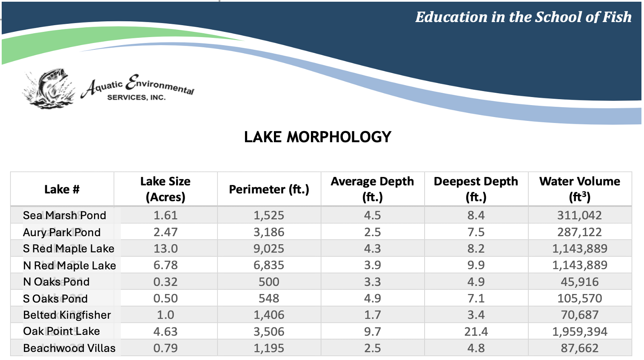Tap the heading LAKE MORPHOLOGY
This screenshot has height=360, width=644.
tap(317, 137)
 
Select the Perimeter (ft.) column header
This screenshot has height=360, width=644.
tap(269, 189)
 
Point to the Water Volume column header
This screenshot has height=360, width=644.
tap(579, 189)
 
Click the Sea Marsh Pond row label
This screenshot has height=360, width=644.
tap(64, 215)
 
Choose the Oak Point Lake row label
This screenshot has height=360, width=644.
tap(61, 331)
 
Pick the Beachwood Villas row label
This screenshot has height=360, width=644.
tap(69, 348)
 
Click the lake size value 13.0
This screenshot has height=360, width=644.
tap(165, 249)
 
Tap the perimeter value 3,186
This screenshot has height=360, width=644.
tap(269, 232)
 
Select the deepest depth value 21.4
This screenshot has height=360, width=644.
tap(476, 331)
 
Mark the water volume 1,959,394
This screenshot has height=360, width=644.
tap(579, 331)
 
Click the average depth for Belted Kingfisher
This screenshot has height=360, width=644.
tap(372, 315)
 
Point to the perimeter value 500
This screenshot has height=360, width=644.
tap(269, 282)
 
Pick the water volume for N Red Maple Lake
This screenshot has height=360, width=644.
tap(579, 265)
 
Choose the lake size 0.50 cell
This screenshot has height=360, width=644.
tap(165, 298)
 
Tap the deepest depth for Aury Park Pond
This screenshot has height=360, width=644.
tap(476, 232)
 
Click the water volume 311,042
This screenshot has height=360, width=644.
tap(579, 215)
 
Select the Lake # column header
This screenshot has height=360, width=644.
tap(62, 189)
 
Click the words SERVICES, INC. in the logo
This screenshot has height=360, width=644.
tap(136, 97)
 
